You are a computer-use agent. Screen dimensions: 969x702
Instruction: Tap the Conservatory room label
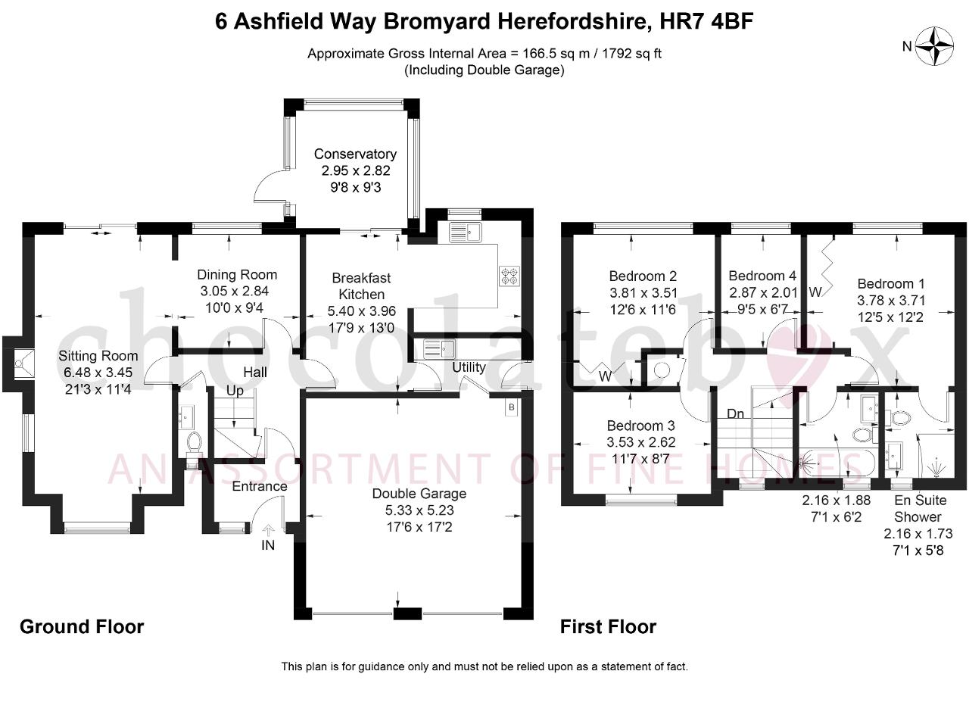355,154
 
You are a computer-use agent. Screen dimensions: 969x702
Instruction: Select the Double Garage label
419,494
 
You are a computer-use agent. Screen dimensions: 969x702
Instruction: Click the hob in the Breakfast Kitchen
509,276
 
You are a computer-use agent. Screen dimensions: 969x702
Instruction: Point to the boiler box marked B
511,407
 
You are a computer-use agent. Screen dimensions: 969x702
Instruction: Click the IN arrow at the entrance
269,531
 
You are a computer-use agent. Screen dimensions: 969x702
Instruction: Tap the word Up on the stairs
235,391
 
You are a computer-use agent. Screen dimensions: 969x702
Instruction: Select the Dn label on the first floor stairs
735,414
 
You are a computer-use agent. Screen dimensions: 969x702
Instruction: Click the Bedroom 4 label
762,276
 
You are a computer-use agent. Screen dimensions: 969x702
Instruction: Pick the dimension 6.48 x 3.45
98,373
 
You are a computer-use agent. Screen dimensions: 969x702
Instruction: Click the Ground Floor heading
82,627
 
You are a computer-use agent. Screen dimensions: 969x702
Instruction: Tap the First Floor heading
608,627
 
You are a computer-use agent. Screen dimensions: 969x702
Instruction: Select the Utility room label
469,367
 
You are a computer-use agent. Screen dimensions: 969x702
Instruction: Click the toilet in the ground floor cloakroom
195,443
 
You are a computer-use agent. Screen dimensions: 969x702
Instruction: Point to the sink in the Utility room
439,348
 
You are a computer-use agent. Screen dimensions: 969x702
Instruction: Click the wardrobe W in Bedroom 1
815,292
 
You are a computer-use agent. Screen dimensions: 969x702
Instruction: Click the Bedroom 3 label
640,426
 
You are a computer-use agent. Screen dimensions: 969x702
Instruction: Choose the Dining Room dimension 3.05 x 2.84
235,292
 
